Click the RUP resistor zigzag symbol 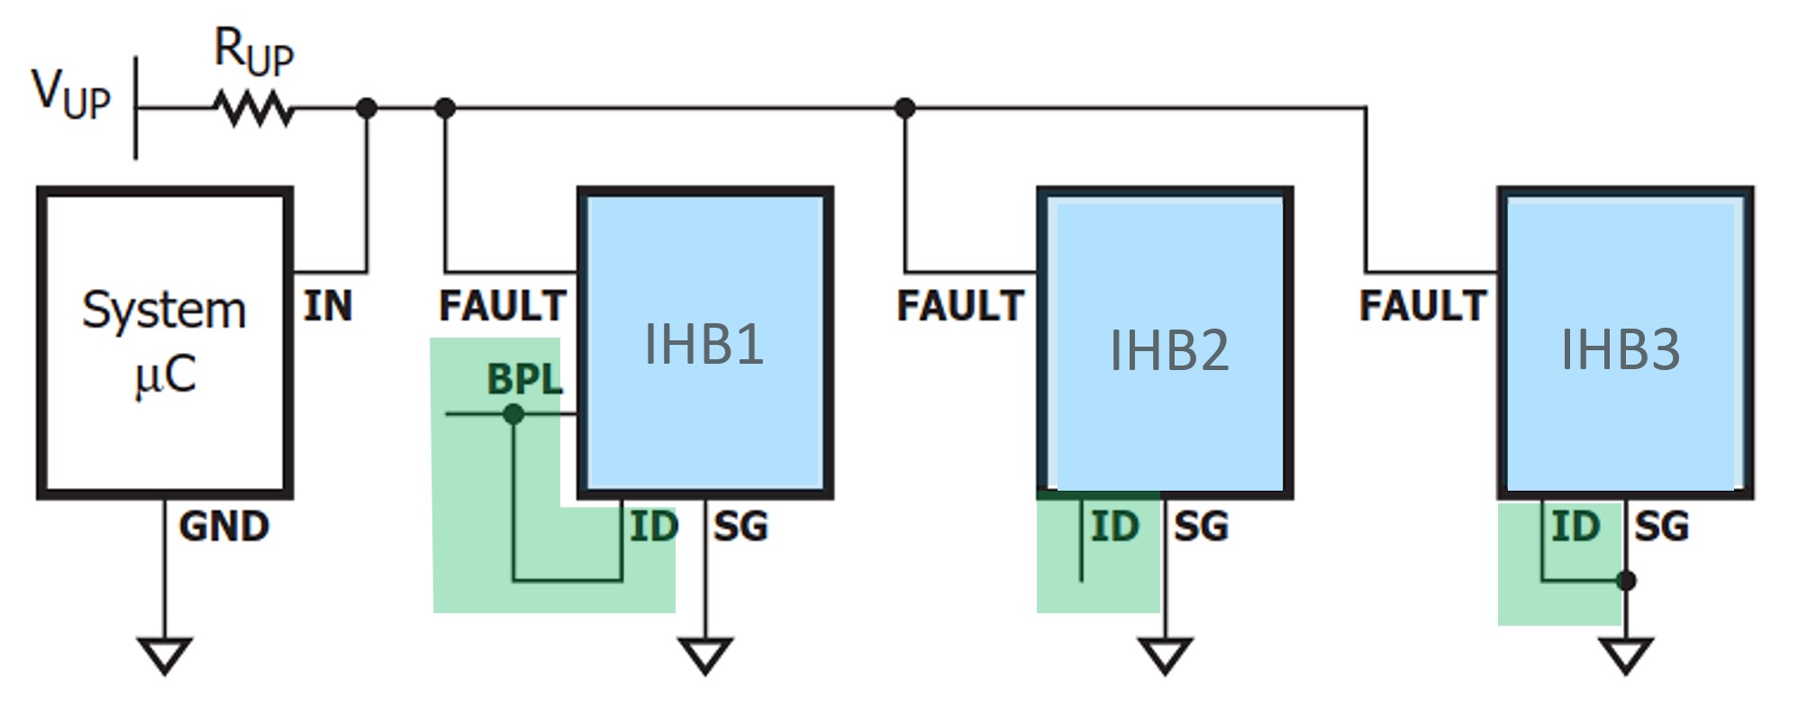253,109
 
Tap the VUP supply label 71,94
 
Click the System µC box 165,342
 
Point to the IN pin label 328,306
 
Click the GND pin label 223,527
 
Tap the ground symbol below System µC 165,655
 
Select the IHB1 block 704,342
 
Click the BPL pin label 524,379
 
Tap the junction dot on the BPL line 513,414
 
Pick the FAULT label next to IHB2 960,306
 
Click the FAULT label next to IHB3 1422,306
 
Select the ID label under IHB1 653,527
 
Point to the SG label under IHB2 1201,527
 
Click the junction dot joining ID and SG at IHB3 1626,581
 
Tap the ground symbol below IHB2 1166,655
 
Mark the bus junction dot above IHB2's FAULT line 905,108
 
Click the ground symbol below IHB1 704,655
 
